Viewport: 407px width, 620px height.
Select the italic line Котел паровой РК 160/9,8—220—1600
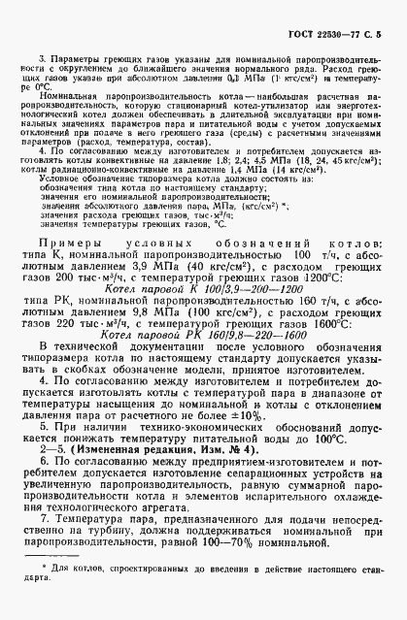pos(201,334)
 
